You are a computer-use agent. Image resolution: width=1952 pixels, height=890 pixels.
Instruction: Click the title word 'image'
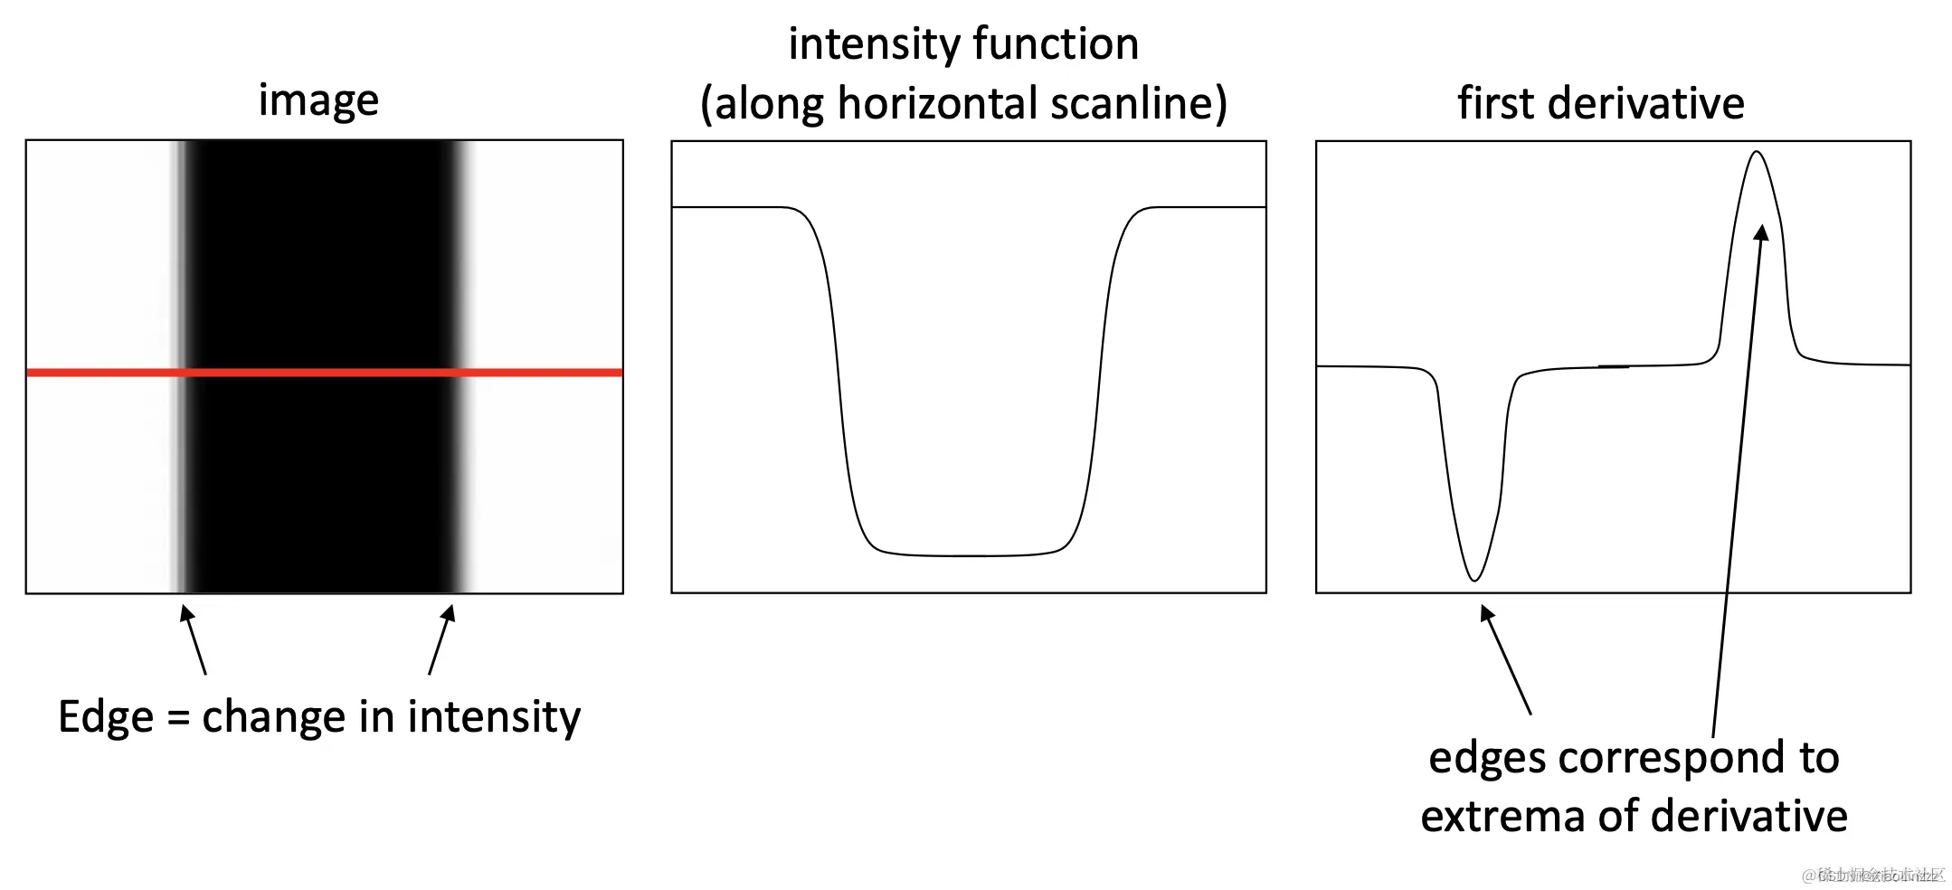[x=318, y=100]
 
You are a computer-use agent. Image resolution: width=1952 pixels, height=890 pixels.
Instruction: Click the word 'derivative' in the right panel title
[x=1645, y=103]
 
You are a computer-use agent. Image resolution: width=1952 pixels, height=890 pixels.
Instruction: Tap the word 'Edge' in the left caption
[x=106, y=717]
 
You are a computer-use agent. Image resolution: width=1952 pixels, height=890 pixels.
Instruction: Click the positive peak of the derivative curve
[x=1757, y=153]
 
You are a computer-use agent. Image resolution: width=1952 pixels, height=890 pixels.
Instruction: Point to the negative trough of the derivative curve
[x=1474, y=579]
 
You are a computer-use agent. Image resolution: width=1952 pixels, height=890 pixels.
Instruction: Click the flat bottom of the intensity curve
[x=968, y=554]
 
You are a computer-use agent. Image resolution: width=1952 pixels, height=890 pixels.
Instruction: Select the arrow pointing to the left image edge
[x=194, y=640]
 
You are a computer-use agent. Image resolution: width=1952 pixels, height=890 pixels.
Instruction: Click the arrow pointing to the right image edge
[x=441, y=640]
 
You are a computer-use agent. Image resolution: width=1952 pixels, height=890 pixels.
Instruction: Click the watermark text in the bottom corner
[x=1872, y=875]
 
